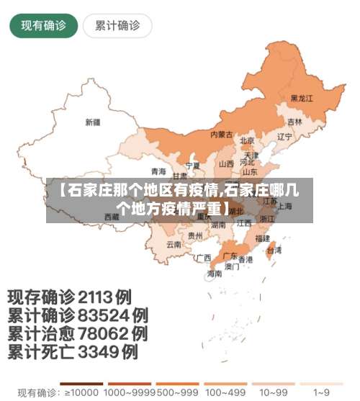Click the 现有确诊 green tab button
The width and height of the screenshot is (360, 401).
point(43,27)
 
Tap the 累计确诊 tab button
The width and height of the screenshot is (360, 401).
point(117,27)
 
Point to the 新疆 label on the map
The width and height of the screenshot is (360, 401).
point(93,122)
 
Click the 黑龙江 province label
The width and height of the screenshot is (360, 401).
point(301,98)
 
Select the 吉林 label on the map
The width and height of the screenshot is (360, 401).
point(294,122)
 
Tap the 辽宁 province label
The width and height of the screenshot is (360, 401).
point(284,136)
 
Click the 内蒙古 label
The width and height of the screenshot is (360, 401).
point(221,135)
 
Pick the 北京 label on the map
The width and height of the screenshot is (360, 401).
point(247,140)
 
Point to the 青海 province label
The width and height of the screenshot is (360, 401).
point(158,171)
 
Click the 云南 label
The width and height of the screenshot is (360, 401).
point(174,245)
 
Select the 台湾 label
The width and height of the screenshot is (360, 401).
point(274,251)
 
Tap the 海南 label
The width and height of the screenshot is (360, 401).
point(215,274)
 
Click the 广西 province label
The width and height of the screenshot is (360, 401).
point(204,257)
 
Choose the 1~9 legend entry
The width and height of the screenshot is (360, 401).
point(323,393)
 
